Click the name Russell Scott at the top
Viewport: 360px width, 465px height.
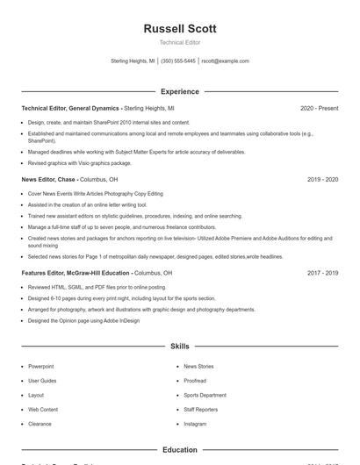pos(179,29)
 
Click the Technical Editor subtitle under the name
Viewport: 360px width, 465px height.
pos(179,43)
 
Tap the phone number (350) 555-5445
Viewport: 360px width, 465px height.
pos(178,61)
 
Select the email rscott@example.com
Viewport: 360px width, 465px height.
pos(225,61)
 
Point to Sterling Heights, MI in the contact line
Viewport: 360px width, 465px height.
pos(133,61)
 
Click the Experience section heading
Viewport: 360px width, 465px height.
pos(179,91)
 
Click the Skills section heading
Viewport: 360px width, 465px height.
pos(179,347)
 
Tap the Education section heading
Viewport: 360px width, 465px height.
pos(179,449)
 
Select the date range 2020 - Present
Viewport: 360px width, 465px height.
pos(319,108)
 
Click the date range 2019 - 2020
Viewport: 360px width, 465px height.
pos(322,179)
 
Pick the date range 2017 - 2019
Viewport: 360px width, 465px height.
pos(322,273)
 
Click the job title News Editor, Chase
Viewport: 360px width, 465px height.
pos(49,179)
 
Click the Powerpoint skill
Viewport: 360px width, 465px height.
pos(40,366)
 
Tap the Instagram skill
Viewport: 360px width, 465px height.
pos(195,424)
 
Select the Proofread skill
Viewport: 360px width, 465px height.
pos(195,381)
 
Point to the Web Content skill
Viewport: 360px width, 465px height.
pos(43,409)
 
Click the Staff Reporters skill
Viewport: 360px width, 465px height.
pos(201,409)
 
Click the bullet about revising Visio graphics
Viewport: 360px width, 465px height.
pos(79,162)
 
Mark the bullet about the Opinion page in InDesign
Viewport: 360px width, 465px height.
pos(83,321)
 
